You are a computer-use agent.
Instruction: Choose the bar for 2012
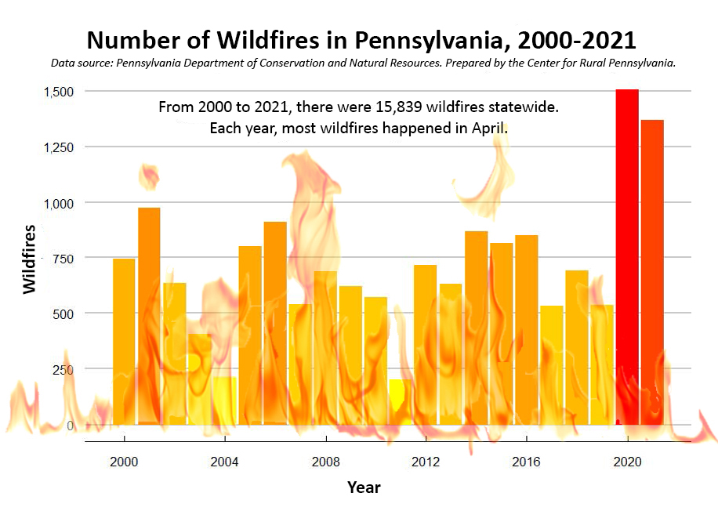[x=425, y=345]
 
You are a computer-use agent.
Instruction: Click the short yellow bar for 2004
[x=225, y=400]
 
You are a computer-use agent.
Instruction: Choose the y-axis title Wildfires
[x=30, y=259]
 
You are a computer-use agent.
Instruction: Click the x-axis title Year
[x=364, y=487]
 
